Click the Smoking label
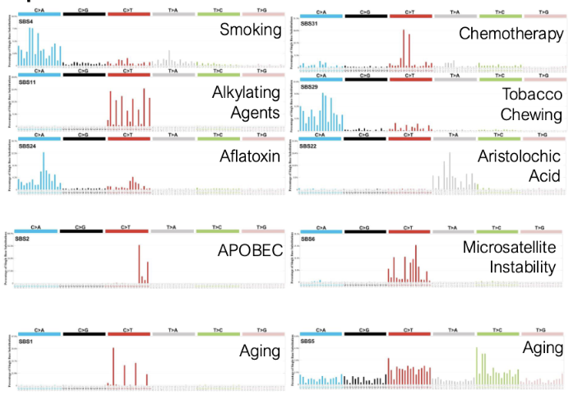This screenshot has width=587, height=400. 251,30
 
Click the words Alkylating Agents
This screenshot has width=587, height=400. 245,101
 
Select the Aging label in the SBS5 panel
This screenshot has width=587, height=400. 543,348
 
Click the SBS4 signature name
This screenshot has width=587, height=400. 26,21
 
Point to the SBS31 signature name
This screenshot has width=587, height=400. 310,21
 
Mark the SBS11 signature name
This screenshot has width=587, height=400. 28,85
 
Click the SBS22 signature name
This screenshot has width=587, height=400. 309,147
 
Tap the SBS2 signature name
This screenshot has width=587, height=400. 25,239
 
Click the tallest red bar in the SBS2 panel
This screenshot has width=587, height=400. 139,263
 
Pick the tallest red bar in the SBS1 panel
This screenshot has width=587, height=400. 113,366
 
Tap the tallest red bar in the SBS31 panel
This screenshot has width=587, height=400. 404,49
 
